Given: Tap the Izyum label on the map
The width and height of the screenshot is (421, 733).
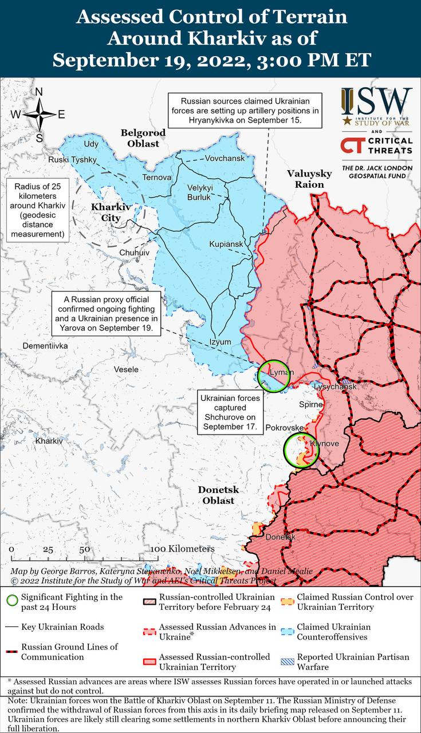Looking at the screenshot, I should pyautogui.click(x=221, y=342).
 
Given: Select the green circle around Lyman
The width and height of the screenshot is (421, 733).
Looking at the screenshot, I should pyautogui.click(x=272, y=376).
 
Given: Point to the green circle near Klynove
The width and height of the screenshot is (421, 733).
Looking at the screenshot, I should pyautogui.click(x=301, y=450).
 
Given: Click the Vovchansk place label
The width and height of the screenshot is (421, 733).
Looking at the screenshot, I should pyautogui.click(x=225, y=158).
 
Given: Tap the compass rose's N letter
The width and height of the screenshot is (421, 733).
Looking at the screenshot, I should pyautogui.click(x=39, y=92).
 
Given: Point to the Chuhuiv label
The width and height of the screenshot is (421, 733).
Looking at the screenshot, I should pyautogui.click(x=134, y=252).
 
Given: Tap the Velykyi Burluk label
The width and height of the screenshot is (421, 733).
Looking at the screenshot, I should pyautogui.click(x=199, y=192).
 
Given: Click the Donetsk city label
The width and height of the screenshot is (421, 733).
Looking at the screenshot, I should pyautogui.click(x=280, y=537).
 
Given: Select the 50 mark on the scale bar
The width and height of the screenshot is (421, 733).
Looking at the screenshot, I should pyautogui.click(x=85, y=549).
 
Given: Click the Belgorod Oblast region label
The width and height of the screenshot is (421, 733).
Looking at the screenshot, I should pyautogui.click(x=143, y=138).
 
